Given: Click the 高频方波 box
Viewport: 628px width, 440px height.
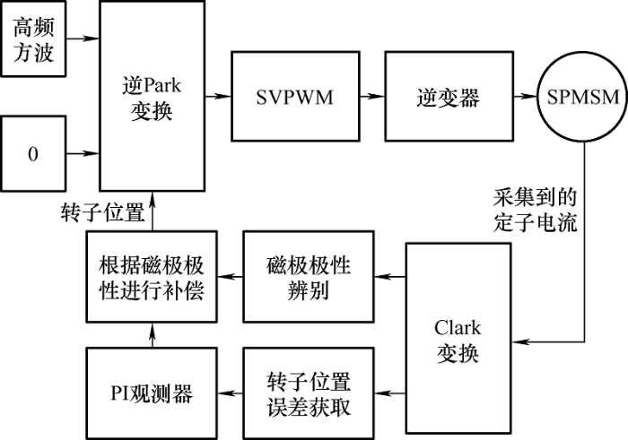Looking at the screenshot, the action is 33,39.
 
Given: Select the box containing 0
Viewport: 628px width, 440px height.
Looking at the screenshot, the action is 33,153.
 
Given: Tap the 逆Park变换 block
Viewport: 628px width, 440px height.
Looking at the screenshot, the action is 153,96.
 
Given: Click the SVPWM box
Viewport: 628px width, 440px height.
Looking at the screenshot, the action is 295,97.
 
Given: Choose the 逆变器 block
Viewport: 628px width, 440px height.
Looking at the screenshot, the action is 449,97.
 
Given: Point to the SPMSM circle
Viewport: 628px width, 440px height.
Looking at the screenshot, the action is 583,97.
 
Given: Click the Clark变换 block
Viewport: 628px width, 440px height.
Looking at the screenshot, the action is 458,338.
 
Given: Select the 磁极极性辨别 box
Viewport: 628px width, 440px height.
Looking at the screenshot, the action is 309,276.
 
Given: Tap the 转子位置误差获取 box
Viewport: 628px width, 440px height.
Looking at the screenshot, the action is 309,393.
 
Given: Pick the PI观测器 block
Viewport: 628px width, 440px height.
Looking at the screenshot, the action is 152,393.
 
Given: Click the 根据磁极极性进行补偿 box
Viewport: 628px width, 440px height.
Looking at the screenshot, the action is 152,276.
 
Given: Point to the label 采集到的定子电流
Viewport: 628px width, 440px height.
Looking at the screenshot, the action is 535,210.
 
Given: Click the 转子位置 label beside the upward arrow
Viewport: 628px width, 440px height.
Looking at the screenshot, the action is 103,212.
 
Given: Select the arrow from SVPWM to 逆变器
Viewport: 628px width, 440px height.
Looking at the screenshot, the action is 372,97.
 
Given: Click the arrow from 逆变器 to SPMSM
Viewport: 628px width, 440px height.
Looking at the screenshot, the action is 526,97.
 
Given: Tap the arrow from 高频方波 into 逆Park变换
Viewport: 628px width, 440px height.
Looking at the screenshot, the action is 83,39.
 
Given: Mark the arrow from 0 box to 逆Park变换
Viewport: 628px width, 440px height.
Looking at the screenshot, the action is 83,153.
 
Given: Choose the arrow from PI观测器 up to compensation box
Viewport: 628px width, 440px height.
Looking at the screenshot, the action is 152,335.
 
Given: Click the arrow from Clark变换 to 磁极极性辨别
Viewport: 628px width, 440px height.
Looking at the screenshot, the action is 390,276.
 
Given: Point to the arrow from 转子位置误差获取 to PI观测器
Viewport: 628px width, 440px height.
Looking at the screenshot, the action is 231,393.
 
